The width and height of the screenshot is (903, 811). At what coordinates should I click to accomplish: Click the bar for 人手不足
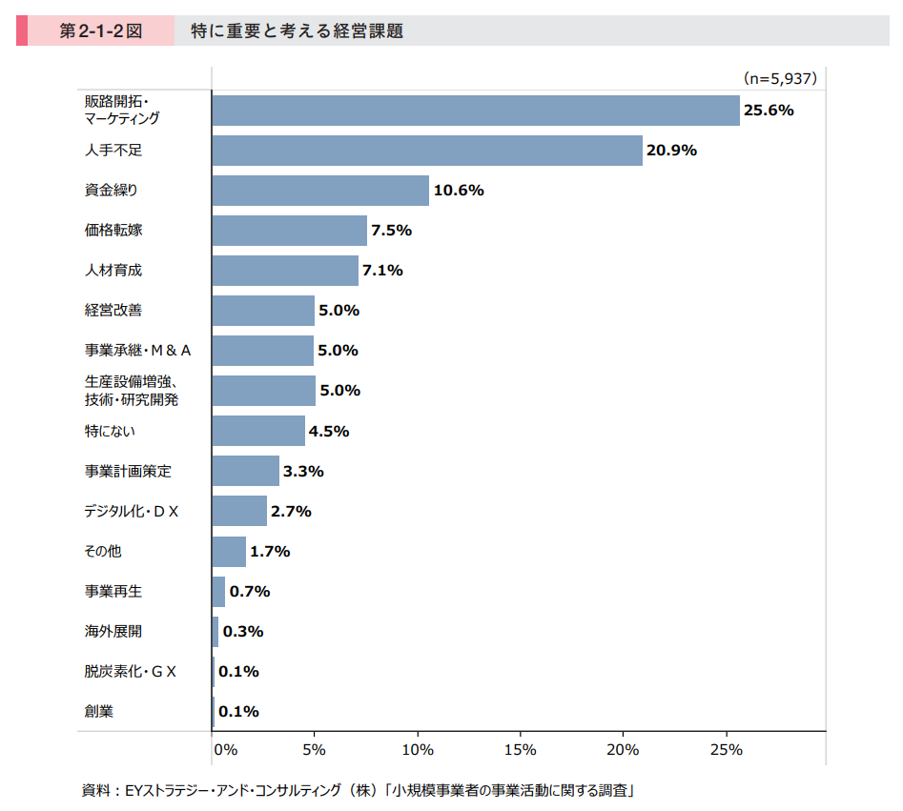click(x=426, y=151)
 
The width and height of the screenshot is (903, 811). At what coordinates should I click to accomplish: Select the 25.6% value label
click(x=769, y=110)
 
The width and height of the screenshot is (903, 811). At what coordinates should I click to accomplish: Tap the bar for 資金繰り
click(x=320, y=191)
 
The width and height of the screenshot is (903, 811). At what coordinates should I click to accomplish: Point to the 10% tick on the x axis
click(x=418, y=749)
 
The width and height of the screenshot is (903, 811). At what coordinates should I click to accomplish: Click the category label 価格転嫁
click(x=113, y=231)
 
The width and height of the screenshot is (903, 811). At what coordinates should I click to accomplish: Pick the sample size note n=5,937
click(x=779, y=78)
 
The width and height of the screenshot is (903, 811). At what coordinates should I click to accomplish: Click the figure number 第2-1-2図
click(x=100, y=31)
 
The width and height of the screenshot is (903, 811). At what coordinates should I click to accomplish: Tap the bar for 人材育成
click(x=285, y=271)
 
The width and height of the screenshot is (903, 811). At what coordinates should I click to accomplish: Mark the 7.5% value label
click(x=391, y=231)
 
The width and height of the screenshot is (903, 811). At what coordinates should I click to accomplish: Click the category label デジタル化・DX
click(x=132, y=512)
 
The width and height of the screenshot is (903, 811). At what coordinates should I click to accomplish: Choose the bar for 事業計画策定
click(x=245, y=471)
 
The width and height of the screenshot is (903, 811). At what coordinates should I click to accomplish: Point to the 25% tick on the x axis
click(x=727, y=749)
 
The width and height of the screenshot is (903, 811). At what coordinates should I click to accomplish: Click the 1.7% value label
click(x=270, y=551)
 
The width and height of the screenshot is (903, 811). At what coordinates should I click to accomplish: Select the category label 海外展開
click(x=113, y=631)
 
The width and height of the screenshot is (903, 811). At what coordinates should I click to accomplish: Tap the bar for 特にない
click(x=258, y=431)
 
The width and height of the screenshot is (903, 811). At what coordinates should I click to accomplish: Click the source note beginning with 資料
click(x=359, y=789)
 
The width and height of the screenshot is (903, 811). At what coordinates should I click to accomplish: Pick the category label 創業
click(x=99, y=711)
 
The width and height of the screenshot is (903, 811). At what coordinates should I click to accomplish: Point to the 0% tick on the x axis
click(x=225, y=749)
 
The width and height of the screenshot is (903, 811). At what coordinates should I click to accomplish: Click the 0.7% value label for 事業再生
click(x=250, y=591)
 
